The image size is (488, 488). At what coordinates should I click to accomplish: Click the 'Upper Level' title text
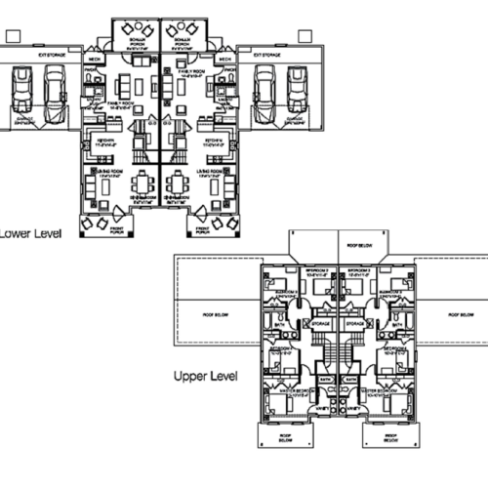[x=210, y=375]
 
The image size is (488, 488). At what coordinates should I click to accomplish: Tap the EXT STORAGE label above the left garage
[x=52, y=57]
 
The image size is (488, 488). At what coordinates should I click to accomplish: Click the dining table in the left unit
[x=144, y=182]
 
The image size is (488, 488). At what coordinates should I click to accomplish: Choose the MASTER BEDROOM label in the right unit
[x=377, y=393]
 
